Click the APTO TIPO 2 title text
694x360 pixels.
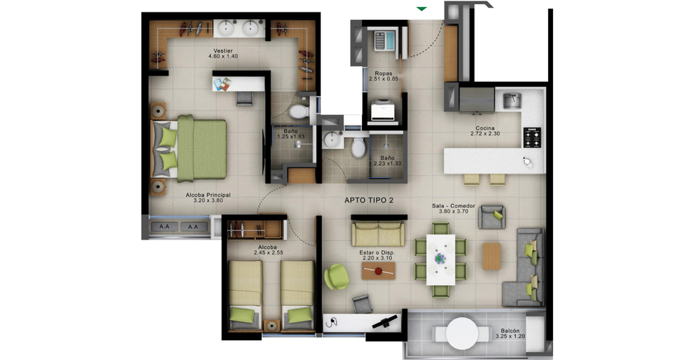368,200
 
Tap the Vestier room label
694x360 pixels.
222,51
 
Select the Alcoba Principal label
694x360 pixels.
208,195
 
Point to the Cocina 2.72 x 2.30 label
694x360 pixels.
485,130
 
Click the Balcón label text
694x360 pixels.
510,331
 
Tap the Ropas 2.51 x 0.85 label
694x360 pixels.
383,76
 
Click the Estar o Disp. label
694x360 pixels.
377,253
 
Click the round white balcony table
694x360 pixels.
462,334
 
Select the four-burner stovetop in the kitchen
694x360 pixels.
532,138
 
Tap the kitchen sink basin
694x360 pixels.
512,101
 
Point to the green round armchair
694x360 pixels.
336,277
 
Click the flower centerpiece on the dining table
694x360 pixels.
440,258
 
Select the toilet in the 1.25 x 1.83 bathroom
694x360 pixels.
299,111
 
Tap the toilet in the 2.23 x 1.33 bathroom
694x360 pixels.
358,148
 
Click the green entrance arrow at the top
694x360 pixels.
422,9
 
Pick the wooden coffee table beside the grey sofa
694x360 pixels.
492,256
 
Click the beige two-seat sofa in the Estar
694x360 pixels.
378,233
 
